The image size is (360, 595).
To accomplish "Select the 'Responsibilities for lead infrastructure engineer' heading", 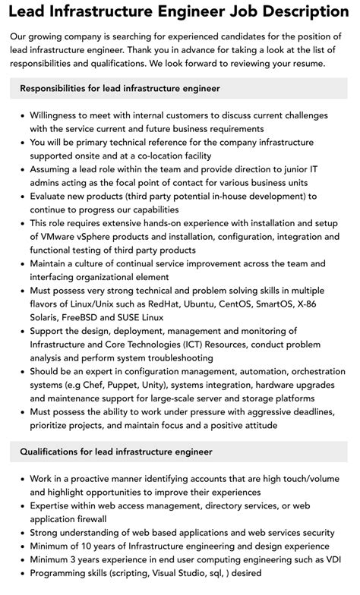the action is click(120, 89).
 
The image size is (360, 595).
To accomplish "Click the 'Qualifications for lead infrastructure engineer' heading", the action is click(116, 452).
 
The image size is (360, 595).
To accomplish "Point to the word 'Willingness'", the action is click(59, 115).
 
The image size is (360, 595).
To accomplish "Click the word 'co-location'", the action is click(166, 155).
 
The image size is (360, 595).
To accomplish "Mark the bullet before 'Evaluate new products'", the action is click(20, 196).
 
